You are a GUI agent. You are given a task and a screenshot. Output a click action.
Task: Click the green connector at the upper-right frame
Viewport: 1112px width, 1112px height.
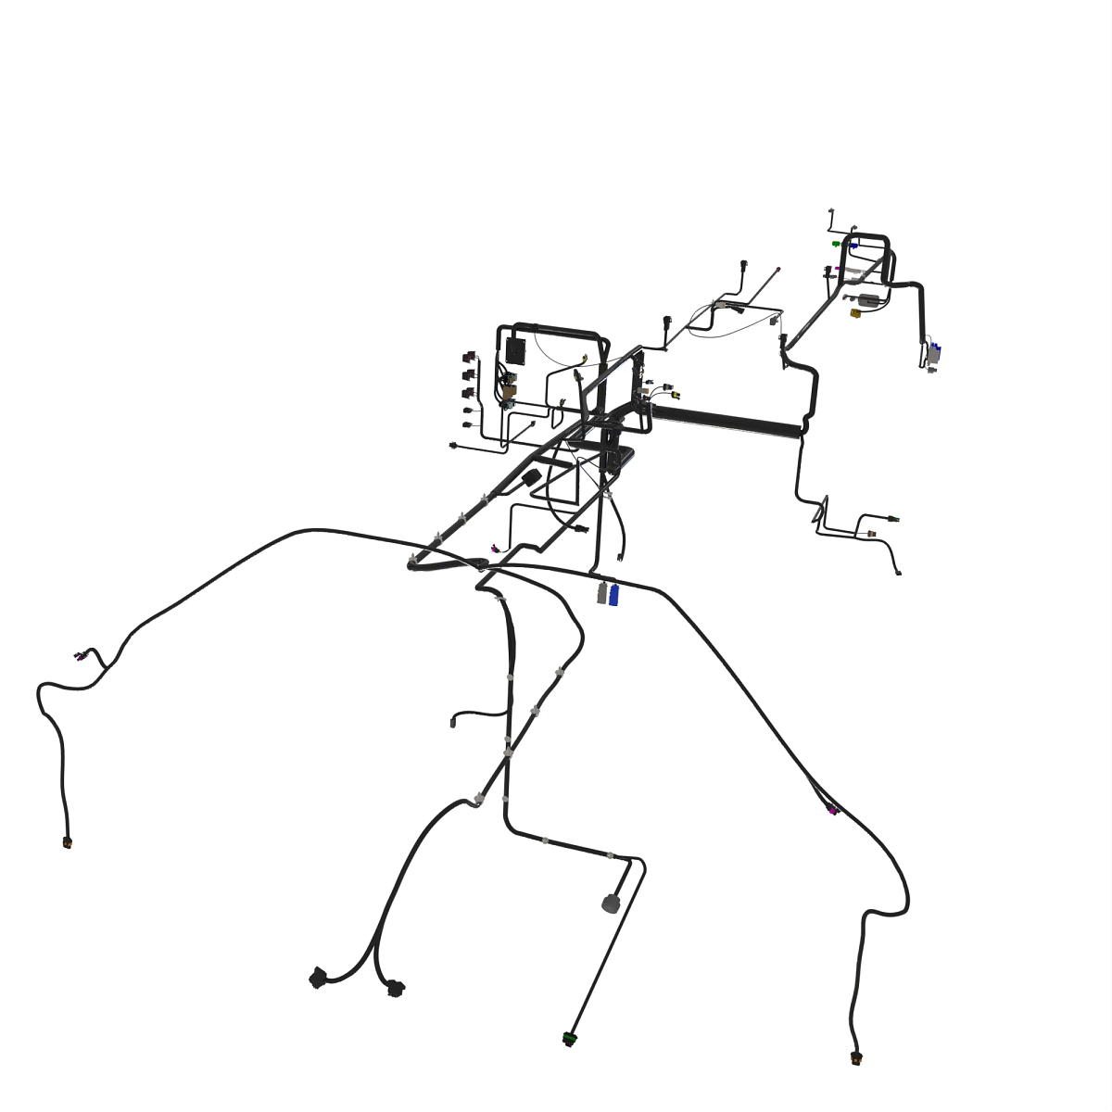coord(836,245)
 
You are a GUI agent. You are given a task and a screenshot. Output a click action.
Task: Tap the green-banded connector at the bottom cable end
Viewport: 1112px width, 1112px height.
coord(569,1039)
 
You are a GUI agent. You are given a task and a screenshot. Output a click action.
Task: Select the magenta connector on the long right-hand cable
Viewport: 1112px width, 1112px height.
coord(834,812)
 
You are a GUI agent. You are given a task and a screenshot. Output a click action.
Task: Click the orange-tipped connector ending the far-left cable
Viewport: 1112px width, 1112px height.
coord(68,842)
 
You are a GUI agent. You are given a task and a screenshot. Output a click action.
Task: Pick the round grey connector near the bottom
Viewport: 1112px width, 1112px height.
coord(611,903)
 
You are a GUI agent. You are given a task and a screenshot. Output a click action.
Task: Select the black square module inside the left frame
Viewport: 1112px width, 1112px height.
coord(514,351)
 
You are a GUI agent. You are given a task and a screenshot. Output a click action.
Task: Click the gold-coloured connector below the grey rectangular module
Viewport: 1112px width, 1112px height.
coord(856,313)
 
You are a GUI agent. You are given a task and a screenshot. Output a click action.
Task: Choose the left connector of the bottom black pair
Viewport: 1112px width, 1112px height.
coord(318,977)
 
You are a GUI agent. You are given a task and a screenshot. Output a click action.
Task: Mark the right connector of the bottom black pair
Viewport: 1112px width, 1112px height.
coord(396,988)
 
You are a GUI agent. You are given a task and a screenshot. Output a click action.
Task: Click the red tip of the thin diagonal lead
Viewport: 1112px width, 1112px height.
coord(778,270)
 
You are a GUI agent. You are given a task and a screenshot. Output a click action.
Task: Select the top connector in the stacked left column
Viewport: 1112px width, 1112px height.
coord(467,357)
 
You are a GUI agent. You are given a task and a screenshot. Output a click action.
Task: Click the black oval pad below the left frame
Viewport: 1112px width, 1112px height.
coord(531,476)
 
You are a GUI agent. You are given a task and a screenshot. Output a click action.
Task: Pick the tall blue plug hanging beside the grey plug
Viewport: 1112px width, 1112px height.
coord(613,593)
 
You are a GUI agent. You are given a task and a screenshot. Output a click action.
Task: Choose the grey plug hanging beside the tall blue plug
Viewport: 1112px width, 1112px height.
coord(602,593)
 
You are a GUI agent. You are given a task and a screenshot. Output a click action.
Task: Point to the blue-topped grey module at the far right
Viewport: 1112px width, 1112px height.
coord(934,351)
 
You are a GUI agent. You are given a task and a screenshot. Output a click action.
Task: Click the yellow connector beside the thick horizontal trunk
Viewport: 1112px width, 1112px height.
coord(674,393)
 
